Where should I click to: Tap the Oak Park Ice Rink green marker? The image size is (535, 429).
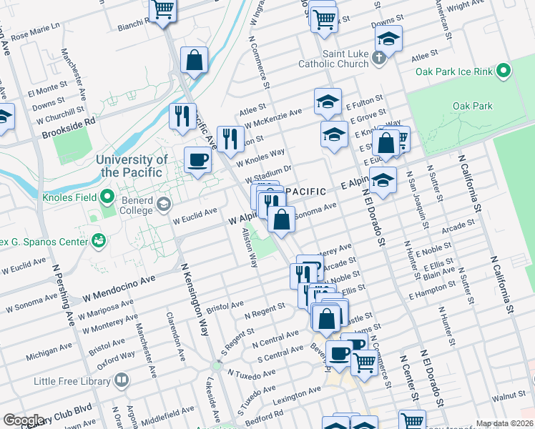(x=504, y=71)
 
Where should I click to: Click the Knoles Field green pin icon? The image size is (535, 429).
(x=107, y=195)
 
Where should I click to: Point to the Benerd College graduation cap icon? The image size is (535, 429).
(x=164, y=205)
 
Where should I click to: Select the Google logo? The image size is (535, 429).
(x=24, y=420)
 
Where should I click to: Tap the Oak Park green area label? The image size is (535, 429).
(x=472, y=106)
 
